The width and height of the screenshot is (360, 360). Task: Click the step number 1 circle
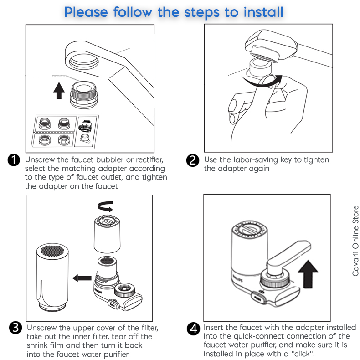pyautogui.click(x=14, y=160)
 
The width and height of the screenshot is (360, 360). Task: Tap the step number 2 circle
pyautogui.click(x=193, y=160)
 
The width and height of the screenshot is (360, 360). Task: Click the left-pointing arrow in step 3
pyautogui.click(x=82, y=277)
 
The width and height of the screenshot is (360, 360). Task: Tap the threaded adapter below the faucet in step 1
pyautogui.click(x=84, y=93)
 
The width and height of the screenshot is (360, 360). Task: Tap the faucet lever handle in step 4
pyautogui.click(x=286, y=257)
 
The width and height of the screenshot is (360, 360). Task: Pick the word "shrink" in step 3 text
pyautogui.click(x=41, y=345)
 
